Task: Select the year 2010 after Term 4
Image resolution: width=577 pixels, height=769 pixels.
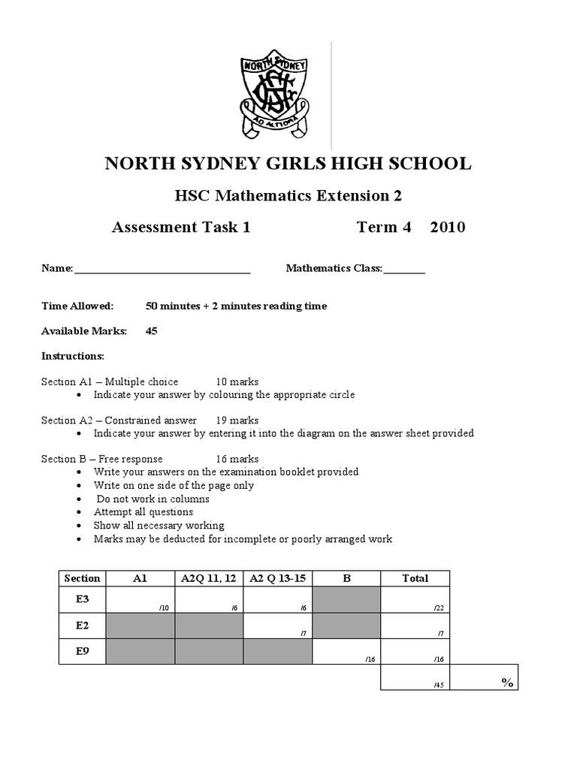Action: pos(448,228)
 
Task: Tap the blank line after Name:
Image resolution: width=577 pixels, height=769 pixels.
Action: pos(162,269)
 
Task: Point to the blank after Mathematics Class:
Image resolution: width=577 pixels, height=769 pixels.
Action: pos(404,269)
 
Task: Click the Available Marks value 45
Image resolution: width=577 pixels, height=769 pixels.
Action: pos(152,330)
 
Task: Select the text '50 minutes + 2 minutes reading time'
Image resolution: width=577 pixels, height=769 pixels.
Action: pos(236,306)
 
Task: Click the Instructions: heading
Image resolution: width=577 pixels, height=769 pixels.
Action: pos(72,354)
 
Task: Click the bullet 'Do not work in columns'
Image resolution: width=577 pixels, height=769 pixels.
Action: pos(152,499)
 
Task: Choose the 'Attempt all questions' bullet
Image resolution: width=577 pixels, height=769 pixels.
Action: pos(143,512)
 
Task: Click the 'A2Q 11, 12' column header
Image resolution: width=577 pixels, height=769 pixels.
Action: pos(209,578)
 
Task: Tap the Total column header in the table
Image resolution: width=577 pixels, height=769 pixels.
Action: pos(415,578)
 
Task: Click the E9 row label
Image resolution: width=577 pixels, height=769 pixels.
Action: pos(82,652)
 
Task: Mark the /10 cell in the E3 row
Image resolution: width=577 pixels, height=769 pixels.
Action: pos(140,600)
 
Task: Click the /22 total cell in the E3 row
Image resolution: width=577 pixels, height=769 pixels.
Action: pos(415,600)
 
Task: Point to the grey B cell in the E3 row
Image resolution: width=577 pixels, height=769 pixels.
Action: pos(346,600)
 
